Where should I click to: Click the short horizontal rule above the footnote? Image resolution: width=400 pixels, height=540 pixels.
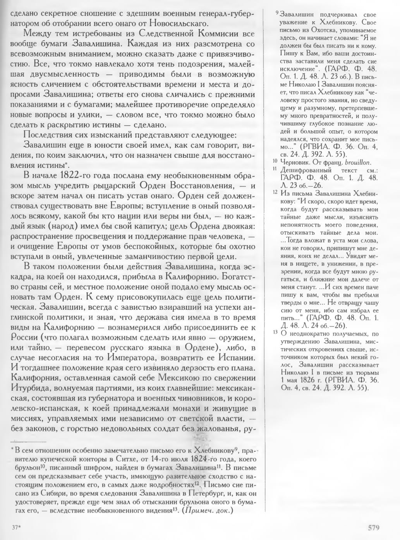point(29,441)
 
